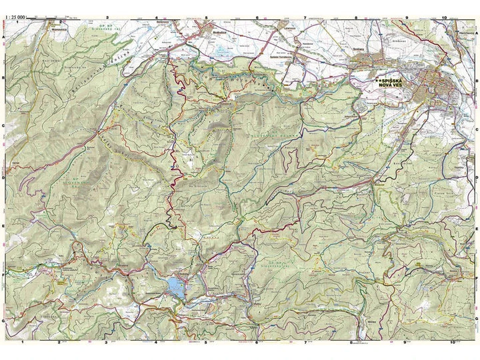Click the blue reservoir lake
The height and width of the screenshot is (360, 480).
point(177,287)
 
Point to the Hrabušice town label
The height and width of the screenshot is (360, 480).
point(213,31)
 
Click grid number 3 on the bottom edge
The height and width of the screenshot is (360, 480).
point(107,342)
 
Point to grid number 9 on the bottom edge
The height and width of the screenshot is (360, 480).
point(405,342)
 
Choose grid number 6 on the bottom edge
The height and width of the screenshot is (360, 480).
point(257,342)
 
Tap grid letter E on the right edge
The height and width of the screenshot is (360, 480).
point(476,227)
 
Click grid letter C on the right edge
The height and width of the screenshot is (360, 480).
point(476,125)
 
